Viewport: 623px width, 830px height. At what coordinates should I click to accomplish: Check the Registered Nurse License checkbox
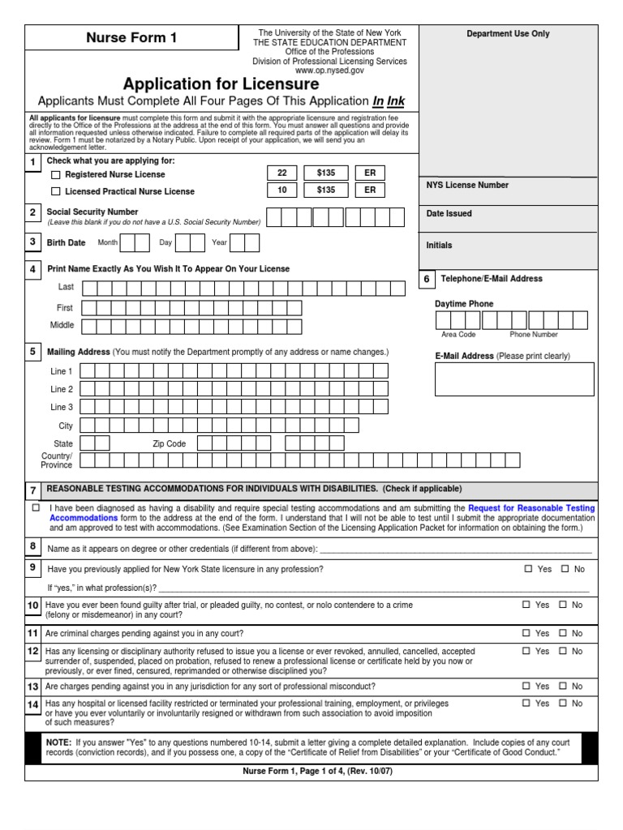click(56, 174)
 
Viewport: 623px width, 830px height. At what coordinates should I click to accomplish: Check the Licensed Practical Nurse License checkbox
click(56, 191)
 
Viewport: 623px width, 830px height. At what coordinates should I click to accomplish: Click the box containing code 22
click(282, 173)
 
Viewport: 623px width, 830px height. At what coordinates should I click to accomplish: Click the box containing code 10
click(282, 190)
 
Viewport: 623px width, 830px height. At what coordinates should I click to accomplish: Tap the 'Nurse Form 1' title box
click(131, 38)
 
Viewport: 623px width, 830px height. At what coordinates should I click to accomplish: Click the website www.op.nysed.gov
click(329, 71)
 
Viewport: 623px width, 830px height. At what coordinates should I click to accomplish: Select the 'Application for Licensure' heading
click(221, 84)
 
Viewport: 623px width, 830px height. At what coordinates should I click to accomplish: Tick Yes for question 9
click(528, 569)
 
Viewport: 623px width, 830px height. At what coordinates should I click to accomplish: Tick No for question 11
click(565, 633)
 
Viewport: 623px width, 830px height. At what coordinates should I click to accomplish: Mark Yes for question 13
click(528, 686)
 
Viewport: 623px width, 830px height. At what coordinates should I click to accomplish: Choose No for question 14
click(565, 704)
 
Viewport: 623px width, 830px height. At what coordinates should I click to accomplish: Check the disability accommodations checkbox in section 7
click(36, 507)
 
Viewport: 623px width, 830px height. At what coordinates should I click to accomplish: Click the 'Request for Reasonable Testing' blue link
click(531, 508)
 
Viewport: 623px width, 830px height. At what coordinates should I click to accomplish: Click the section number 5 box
click(33, 352)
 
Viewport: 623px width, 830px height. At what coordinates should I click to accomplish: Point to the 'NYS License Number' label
click(467, 185)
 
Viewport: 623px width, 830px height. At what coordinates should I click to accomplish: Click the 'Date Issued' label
click(449, 214)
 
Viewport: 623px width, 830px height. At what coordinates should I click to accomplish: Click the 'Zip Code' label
click(170, 443)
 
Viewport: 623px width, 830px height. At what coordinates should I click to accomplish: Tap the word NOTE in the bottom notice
click(58, 742)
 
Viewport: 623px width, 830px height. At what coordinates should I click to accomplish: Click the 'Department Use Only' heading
click(508, 34)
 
